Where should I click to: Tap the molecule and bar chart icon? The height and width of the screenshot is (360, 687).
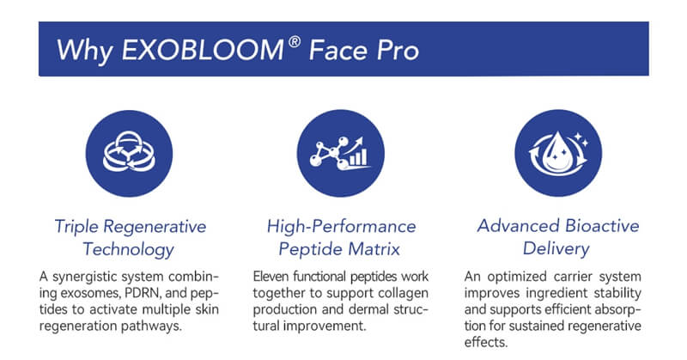pos(343,151)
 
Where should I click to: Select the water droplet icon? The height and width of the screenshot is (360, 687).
pos(558,151)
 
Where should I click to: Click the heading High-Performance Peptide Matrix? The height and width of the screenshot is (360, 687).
pos(343,238)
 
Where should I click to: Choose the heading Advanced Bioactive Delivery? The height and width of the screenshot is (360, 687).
pos(558,238)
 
